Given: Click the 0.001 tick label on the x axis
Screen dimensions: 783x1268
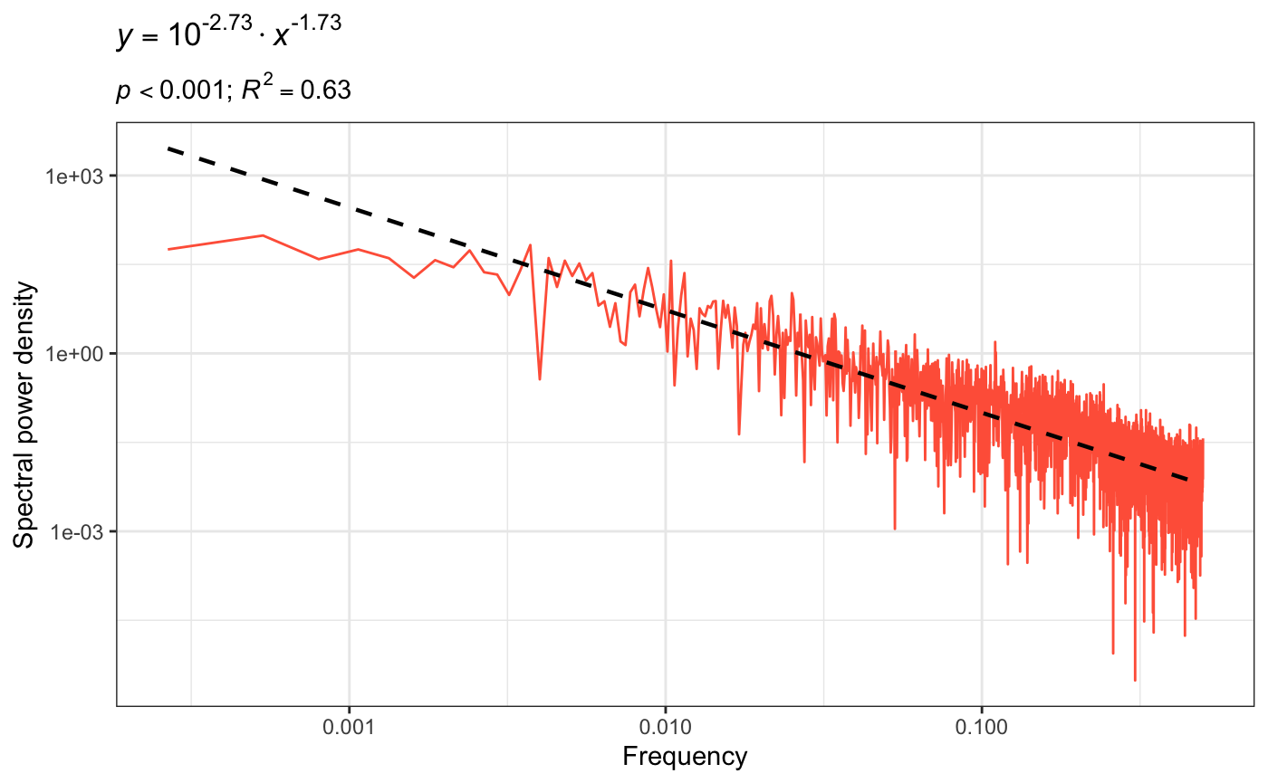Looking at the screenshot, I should tap(349, 729).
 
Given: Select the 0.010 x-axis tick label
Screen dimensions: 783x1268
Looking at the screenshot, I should tap(666, 729).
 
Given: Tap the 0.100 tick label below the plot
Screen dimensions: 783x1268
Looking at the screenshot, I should tap(982, 729).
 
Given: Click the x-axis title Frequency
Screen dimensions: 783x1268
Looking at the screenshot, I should tap(685, 757).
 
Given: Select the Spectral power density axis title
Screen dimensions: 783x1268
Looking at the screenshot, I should tap(25, 415).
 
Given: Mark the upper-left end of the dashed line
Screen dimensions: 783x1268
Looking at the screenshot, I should tap(168, 148).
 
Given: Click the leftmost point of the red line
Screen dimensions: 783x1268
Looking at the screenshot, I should tap(168, 249).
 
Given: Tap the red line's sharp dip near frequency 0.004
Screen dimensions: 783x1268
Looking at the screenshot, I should tap(540, 378).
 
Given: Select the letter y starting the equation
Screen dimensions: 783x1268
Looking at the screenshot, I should tap(122, 40).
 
